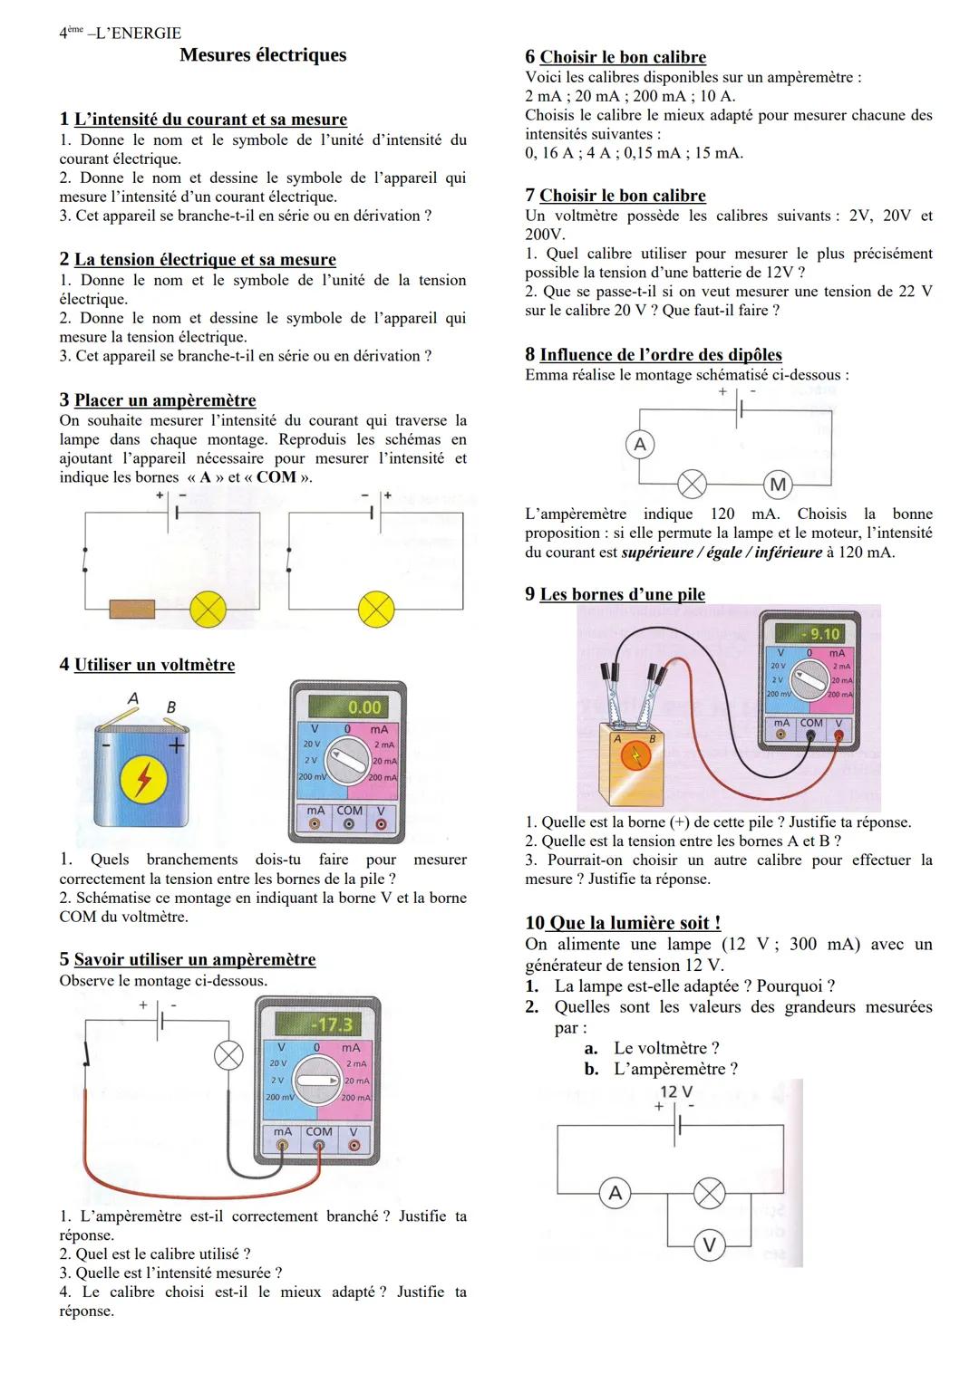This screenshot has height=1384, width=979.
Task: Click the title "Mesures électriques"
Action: (x=263, y=55)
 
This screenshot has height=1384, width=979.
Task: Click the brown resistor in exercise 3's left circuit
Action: (x=131, y=609)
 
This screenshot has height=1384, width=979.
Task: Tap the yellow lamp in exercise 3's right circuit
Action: (x=376, y=610)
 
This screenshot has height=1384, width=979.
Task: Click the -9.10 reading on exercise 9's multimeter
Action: (x=823, y=634)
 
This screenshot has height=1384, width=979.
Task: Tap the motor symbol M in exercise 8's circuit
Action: (x=778, y=485)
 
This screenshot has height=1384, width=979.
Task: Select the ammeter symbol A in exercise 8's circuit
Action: (x=640, y=444)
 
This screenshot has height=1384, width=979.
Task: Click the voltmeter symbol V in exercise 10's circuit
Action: (x=710, y=1246)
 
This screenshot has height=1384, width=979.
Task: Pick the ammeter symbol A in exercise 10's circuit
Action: (x=616, y=1193)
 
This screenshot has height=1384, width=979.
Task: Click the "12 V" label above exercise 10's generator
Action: (x=676, y=1091)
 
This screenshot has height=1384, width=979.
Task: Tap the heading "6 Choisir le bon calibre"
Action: (x=616, y=57)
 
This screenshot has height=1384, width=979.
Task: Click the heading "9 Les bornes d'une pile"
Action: (x=615, y=594)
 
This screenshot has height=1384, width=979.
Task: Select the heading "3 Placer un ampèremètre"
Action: (x=158, y=400)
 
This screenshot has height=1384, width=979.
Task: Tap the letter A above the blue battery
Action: (x=133, y=698)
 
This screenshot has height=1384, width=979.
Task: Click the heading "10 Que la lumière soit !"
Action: (x=623, y=923)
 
